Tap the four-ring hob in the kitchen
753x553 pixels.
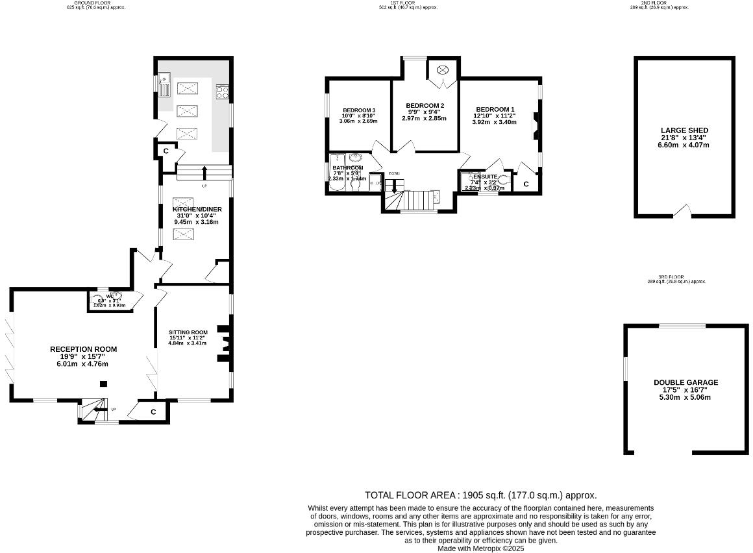click(223, 92)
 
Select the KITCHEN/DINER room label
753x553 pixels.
click(197, 209)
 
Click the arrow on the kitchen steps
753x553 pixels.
click(204, 172)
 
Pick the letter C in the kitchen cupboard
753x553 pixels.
click(166, 151)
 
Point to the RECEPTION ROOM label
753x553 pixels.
click(83, 349)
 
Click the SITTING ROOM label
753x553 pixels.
click(188, 332)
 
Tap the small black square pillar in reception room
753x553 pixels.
click(103, 384)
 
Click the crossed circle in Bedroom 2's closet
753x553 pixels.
click(444, 69)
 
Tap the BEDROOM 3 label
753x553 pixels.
click(359, 110)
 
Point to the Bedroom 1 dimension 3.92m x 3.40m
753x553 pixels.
click(494, 122)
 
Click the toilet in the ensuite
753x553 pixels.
click(504, 182)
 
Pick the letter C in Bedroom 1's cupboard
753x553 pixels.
click(526, 184)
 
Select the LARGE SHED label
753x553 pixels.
click(684, 130)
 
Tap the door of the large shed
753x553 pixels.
click(681, 211)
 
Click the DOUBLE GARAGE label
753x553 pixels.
click(685, 382)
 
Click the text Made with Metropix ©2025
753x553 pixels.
click(480, 548)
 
